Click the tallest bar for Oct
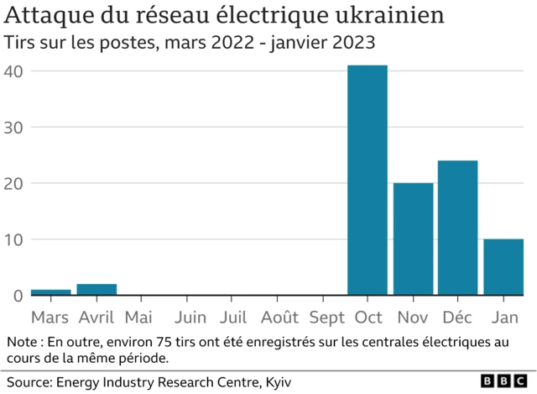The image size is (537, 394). (x=368, y=180)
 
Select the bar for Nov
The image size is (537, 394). (x=413, y=239)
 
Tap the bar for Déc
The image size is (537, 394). (x=457, y=228)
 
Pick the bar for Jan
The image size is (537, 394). (x=503, y=267)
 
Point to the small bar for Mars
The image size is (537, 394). (x=50, y=292)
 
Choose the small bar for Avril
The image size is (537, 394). (x=96, y=290)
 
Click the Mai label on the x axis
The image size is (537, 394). (x=138, y=318)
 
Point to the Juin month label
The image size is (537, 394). (x=191, y=318)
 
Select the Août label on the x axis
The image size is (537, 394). (x=279, y=318)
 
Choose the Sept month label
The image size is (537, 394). (x=326, y=318)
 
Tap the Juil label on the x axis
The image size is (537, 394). (x=233, y=318)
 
